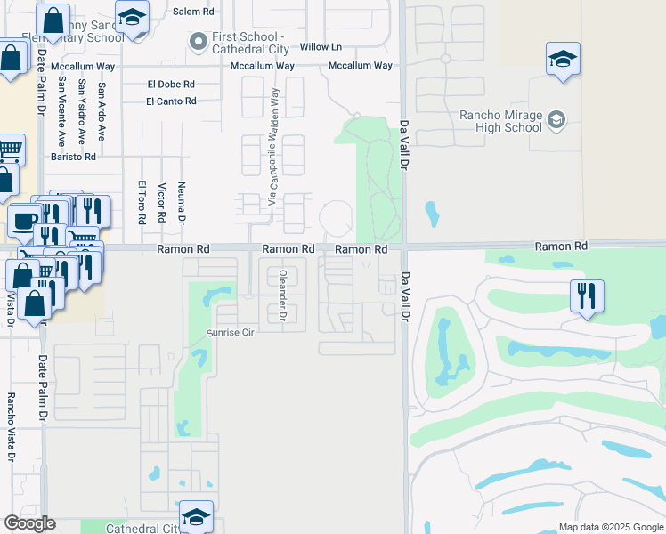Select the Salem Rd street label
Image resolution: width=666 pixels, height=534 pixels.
tap(193, 12)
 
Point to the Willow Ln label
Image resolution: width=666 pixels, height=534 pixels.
tap(321, 46)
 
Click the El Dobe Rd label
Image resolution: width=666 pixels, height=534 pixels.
tap(171, 84)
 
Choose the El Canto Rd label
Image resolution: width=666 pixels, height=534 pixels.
tap(171, 101)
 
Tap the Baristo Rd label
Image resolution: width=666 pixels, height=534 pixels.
tap(72, 157)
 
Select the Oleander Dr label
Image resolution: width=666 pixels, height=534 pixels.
tap(282, 295)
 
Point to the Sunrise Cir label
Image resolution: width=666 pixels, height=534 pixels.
tap(231, 332)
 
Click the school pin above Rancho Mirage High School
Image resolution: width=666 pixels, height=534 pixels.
tap(563, 59)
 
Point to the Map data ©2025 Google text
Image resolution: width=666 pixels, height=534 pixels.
tap(610, 527)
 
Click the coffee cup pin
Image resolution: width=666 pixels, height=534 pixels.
tap(25, 220)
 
